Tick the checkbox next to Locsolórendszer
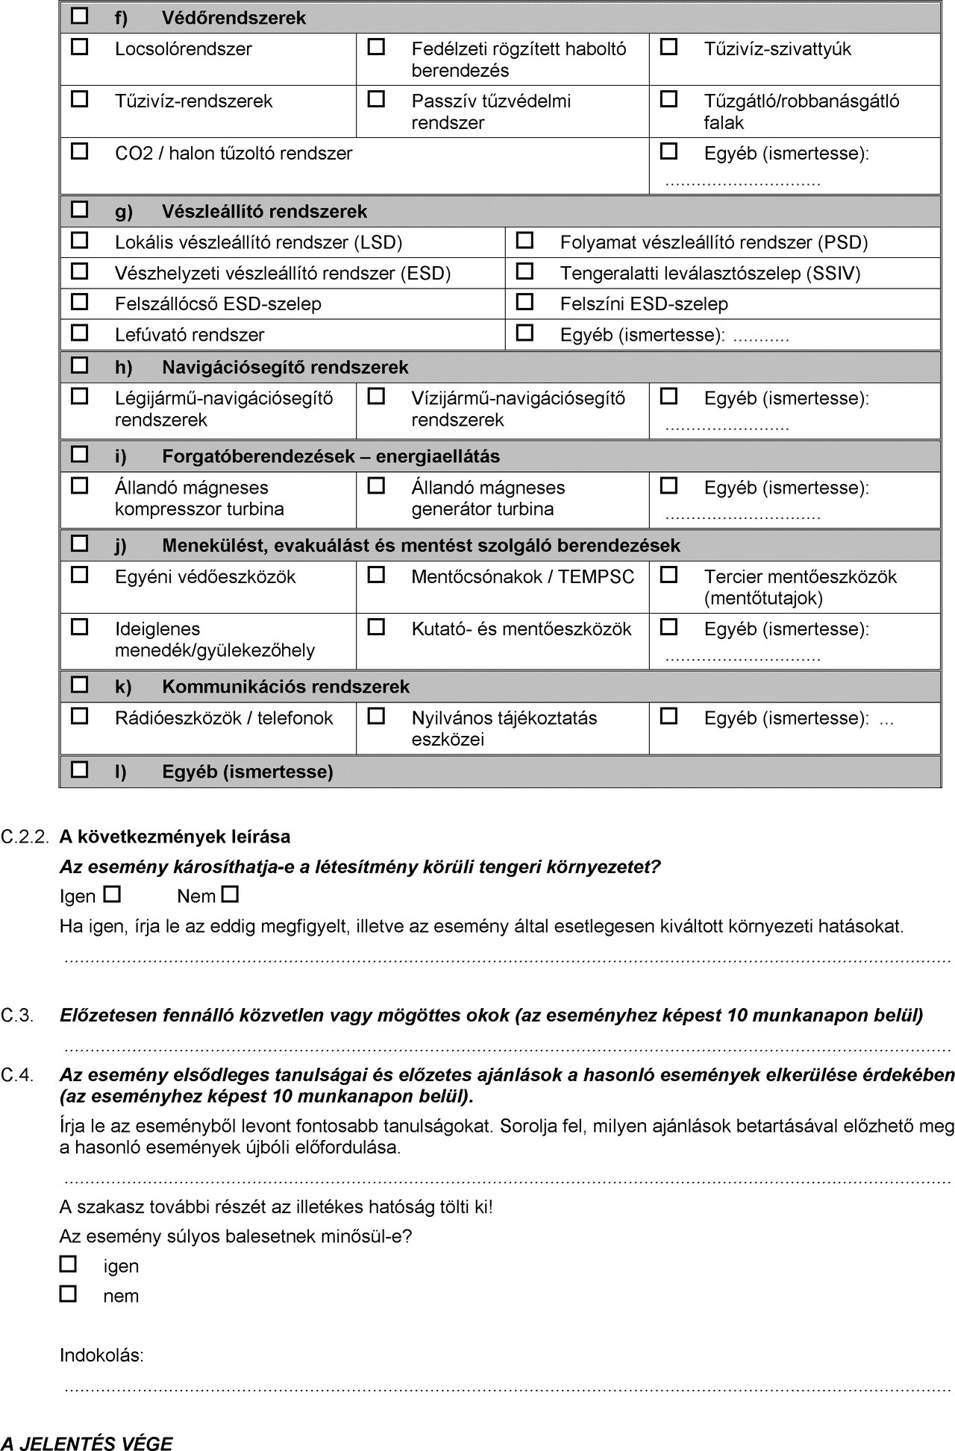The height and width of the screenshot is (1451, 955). click(79, 48)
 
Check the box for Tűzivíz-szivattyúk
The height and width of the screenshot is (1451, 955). click(669, 48)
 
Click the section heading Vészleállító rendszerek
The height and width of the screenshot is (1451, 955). click(264, 212)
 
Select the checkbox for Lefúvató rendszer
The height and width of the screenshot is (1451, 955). click(79, 333)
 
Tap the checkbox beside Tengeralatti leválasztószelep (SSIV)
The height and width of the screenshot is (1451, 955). click(525, 272)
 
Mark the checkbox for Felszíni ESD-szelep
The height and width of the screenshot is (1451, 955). click(525, 303)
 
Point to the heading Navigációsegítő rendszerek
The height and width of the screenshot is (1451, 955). click(285, 368)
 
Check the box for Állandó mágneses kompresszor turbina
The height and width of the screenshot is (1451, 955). click(79, 486)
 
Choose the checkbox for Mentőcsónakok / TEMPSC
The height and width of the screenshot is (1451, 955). click(377, 576)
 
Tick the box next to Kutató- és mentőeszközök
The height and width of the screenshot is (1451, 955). click(377, 628)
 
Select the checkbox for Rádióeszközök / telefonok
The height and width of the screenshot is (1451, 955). click(79, 717)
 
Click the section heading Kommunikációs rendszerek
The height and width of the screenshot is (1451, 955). click(286, 687)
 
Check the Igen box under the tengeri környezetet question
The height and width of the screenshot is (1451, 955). click(112, 893)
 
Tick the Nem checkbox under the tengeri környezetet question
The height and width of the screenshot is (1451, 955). click(231, 893)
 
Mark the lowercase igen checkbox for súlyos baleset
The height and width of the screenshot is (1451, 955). click(68, 1264)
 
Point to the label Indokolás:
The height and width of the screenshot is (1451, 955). click(101, 1356)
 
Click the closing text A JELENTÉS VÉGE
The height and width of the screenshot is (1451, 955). click(86, 1443)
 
